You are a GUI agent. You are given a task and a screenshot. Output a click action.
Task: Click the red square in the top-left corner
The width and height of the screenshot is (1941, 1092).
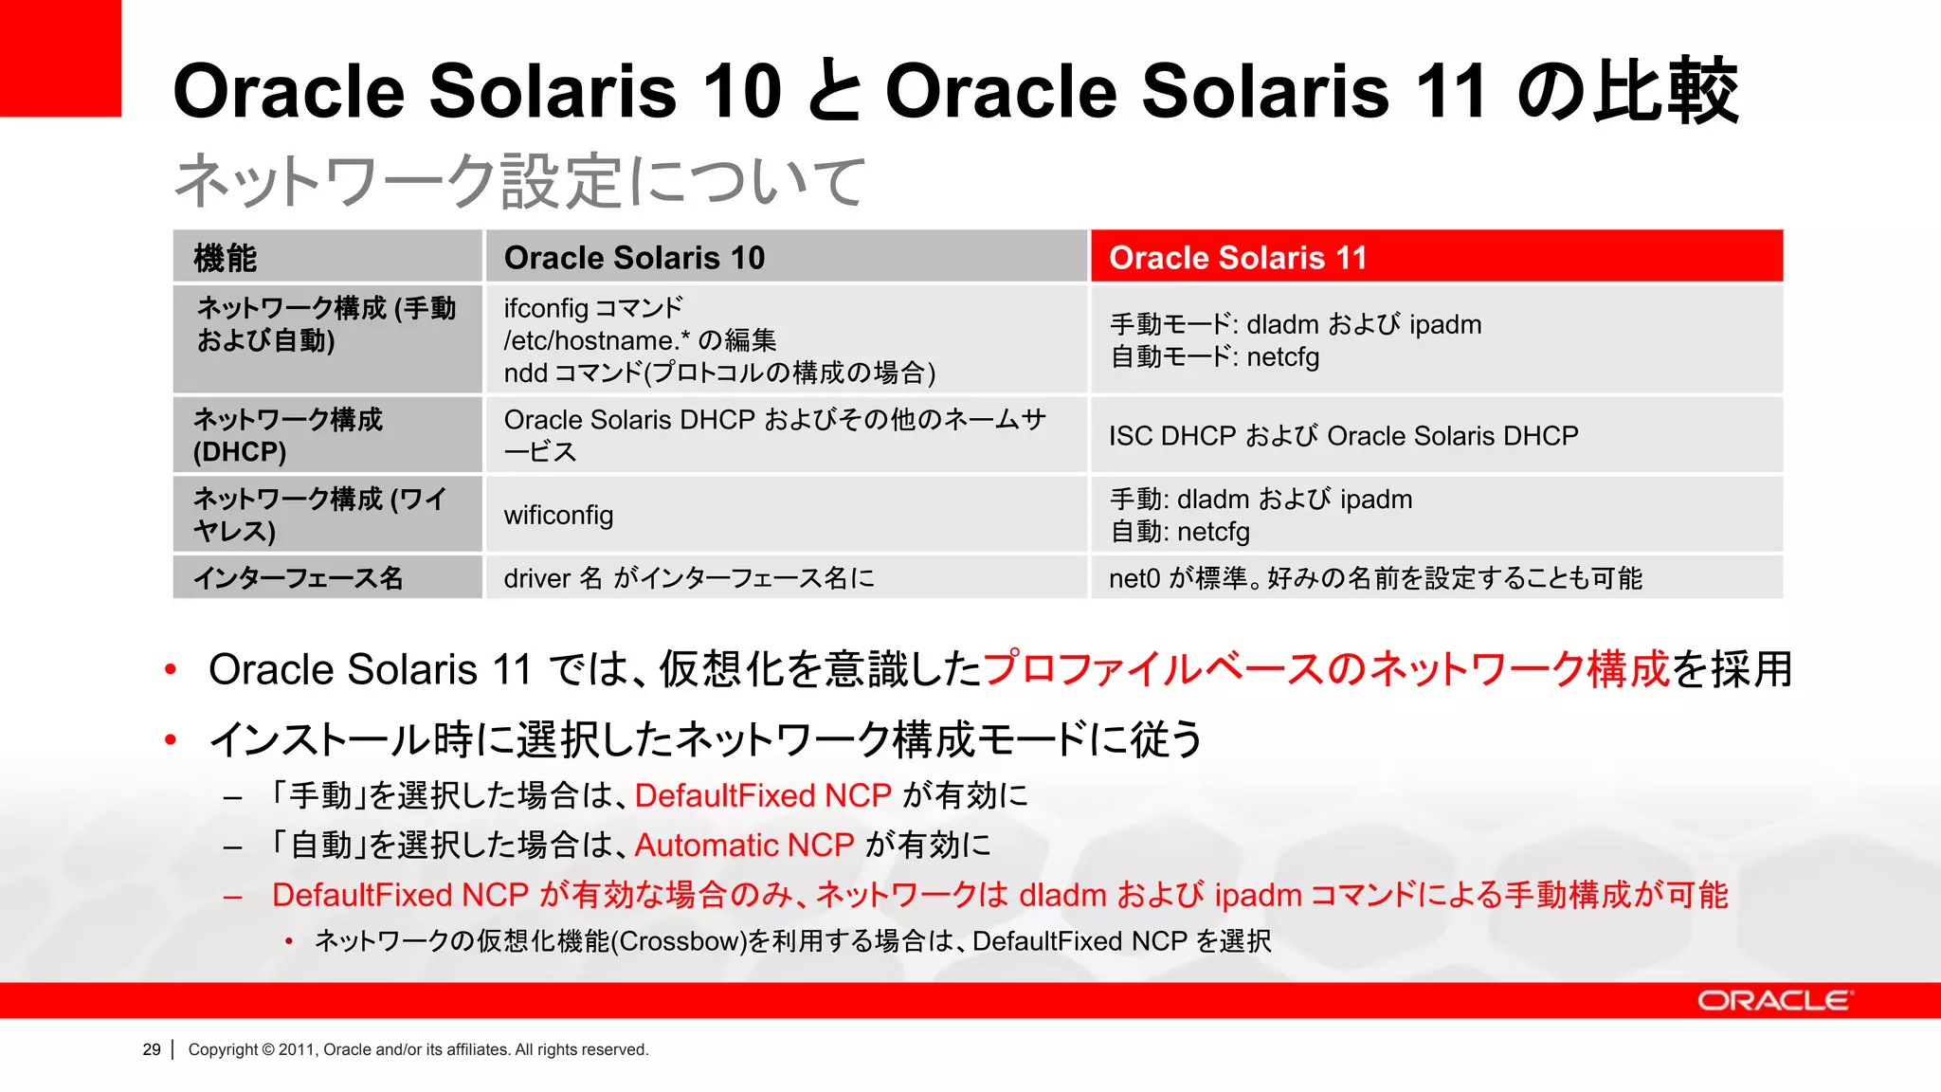coord(60,57)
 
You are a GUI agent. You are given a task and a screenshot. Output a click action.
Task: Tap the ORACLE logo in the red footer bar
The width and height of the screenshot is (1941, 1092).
coord(1774,1001)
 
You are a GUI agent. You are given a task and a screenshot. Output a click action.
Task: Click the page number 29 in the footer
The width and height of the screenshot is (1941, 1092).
coord(152,1049)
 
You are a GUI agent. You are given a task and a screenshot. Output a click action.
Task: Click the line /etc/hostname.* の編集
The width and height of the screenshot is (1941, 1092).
coord(640,340)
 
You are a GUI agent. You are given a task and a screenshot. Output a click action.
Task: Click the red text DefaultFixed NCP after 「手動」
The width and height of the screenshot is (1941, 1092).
coord(763,795)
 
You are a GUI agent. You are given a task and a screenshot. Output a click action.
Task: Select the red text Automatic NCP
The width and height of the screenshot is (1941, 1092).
coord(744,845)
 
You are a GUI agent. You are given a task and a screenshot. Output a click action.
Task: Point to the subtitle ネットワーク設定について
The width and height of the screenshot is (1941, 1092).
coord(519,181)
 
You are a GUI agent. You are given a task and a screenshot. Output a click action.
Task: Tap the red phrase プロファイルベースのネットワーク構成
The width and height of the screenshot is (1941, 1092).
coord(1325,669)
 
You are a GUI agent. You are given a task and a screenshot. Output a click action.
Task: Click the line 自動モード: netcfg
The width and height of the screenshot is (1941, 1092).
coord(1214,357)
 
